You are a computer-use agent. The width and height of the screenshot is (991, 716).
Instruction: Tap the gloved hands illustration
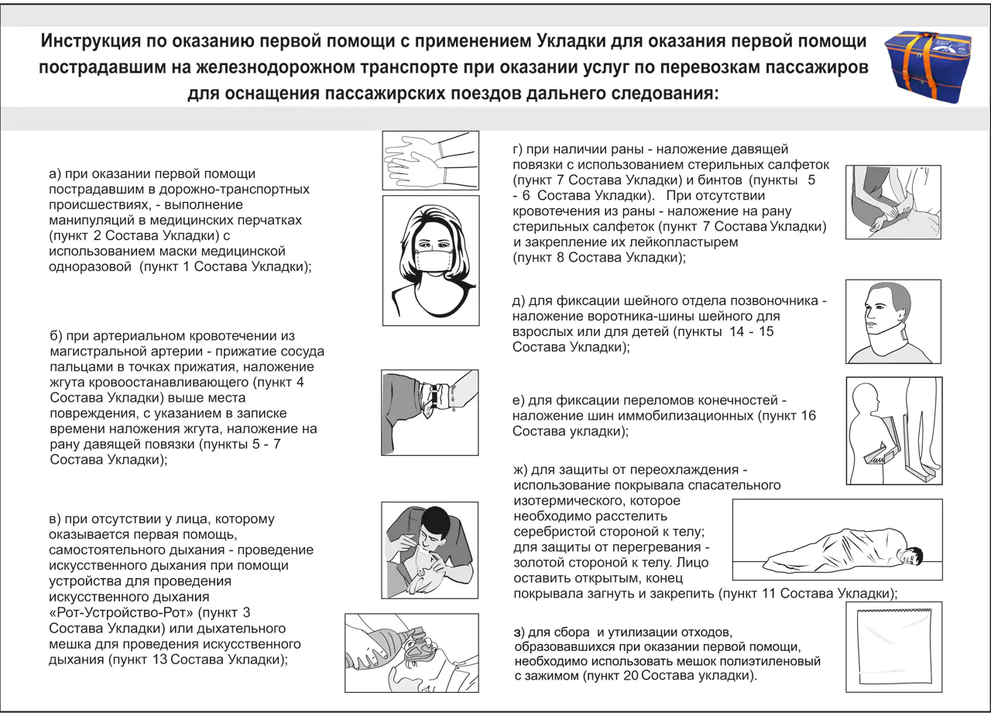point(430,160)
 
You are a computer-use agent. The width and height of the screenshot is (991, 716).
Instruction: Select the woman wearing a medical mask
point(430,260)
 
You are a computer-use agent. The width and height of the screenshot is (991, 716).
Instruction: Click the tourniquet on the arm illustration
point(430,412)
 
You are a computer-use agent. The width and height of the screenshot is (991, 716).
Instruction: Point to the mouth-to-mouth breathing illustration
point(430,550)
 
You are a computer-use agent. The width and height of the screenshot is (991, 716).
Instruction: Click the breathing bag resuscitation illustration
point(411,653)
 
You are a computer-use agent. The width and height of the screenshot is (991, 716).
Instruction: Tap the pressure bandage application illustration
point(893,201)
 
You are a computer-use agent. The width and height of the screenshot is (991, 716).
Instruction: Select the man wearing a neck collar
point(893,321)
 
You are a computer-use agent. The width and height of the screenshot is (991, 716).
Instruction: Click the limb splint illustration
point(893,430)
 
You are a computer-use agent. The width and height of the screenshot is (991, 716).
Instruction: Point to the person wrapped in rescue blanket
point(837,540)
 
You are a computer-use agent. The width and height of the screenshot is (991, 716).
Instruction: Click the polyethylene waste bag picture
point(893,647)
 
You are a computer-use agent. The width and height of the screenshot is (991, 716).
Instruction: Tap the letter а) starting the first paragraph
point(55,175)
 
